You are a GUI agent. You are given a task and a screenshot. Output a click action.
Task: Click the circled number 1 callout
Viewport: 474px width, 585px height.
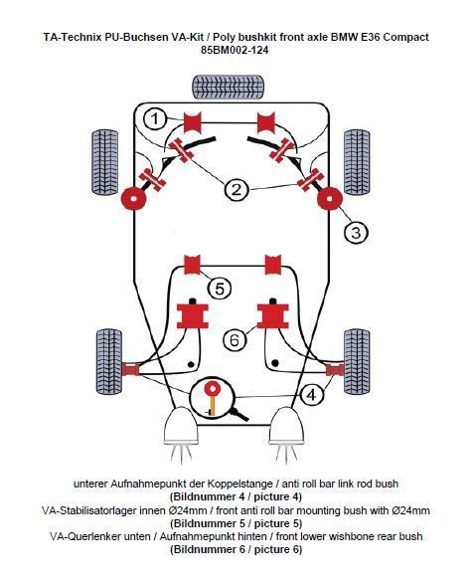coord(155,119)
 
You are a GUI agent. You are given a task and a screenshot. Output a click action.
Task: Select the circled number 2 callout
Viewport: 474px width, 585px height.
coord(237,189)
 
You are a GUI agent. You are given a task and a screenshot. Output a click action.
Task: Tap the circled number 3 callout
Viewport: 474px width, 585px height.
coord(356,233)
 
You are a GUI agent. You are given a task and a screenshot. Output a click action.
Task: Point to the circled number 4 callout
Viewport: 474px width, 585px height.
coord(311,394)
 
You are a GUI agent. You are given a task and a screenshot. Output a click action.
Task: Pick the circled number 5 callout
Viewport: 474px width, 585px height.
coord(220,289)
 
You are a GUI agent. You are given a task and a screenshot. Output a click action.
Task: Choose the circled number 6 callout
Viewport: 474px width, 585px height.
coord(235,340)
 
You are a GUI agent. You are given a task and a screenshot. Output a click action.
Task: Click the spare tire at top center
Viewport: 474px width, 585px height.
coord(229,87)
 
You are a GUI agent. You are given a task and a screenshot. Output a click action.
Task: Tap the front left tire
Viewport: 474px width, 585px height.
coord(104,163)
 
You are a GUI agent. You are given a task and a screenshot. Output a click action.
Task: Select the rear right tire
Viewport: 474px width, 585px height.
coord(357,362)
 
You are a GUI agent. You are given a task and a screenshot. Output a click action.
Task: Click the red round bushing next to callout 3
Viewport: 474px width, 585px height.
coord(330,198)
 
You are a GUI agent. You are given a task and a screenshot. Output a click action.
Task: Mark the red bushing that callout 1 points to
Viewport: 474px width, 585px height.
coord(193,122)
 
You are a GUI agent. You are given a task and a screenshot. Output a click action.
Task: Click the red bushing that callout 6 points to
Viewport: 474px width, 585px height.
coord(273,315)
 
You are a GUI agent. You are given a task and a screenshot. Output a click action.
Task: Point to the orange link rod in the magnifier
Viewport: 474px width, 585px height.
coord(213,404)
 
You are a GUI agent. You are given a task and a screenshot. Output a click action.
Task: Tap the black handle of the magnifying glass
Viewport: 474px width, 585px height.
coord(240,414)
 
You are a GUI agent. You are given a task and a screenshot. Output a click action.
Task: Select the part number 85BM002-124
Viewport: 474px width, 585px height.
coord(235,50)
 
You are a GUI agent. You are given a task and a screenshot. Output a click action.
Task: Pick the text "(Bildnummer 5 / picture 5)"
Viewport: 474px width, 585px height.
coord(236,523)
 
